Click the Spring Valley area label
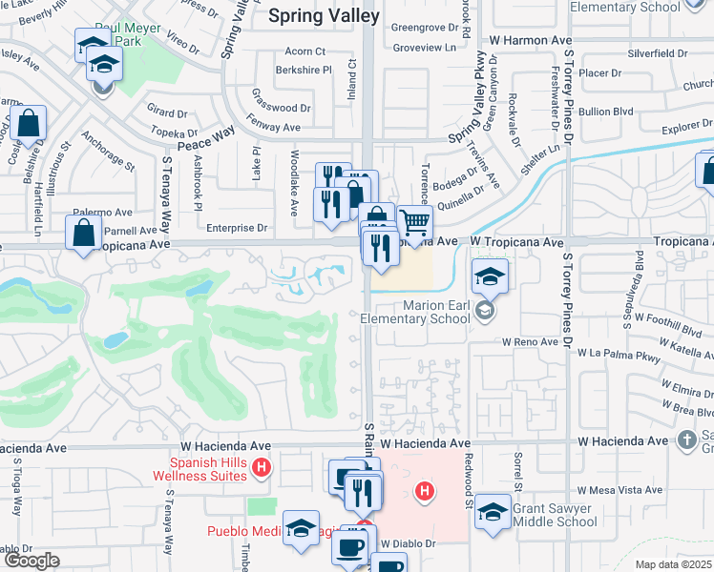pyautogui.click(x=324, y=15)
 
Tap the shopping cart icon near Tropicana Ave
pyautogui.click(x=414, y=224)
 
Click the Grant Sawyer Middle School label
pyautogui.click(x=555, y=515)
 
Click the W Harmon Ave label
pyautogui.click(x=530, y=41)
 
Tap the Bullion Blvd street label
pyautogui.click(x=608, y=112)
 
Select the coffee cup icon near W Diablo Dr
pyautogui.click(x=350, y=546)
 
